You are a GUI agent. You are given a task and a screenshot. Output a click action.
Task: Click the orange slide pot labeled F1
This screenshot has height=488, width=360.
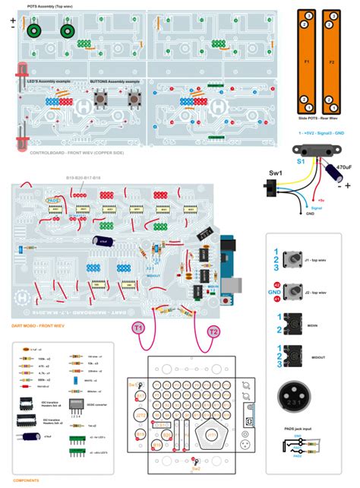306,61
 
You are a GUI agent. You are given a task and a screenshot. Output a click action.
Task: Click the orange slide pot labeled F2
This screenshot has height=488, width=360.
331,61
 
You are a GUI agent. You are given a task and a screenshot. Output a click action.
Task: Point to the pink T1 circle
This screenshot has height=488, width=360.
139,328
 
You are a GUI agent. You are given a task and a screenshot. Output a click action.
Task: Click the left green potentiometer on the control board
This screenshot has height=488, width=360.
34,31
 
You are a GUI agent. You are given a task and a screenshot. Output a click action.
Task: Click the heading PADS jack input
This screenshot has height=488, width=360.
297,429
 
